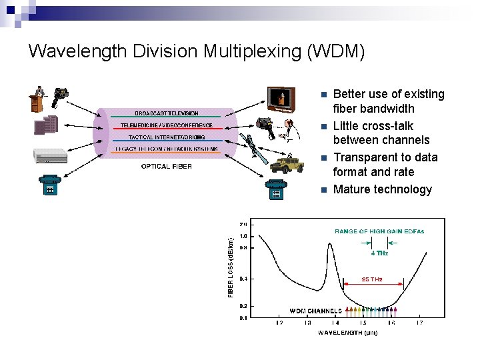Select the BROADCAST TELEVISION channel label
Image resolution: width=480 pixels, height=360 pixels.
pos(166,114)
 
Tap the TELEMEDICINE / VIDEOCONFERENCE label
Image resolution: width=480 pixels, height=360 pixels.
pos(167,125)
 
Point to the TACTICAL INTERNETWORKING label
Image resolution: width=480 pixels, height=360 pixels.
pos(166,137)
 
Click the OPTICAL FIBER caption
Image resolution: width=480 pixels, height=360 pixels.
pos(166,167)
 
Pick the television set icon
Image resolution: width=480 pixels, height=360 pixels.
pos(281,99)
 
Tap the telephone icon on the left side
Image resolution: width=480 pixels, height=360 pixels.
pos(49,185)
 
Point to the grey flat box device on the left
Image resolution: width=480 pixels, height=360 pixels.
pos(51,156)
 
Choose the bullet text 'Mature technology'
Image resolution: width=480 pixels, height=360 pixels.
pos(382,189)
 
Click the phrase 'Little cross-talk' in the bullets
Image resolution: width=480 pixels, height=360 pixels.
pos(373,126)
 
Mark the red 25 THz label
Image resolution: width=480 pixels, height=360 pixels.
pos(371,280)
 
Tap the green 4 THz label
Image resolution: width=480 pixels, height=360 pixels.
pos(379,253)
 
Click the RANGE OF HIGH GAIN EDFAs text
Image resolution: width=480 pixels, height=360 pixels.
pos(379,231)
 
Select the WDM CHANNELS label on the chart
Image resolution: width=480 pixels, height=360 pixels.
pos(315,311)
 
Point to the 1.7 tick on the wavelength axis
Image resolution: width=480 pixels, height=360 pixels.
pos(419,323)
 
